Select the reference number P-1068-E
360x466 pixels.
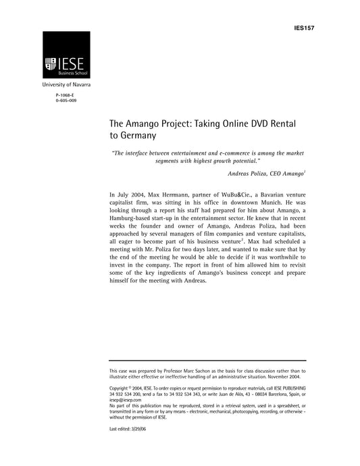pos(66,98)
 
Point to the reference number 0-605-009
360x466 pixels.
pos(66,103)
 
